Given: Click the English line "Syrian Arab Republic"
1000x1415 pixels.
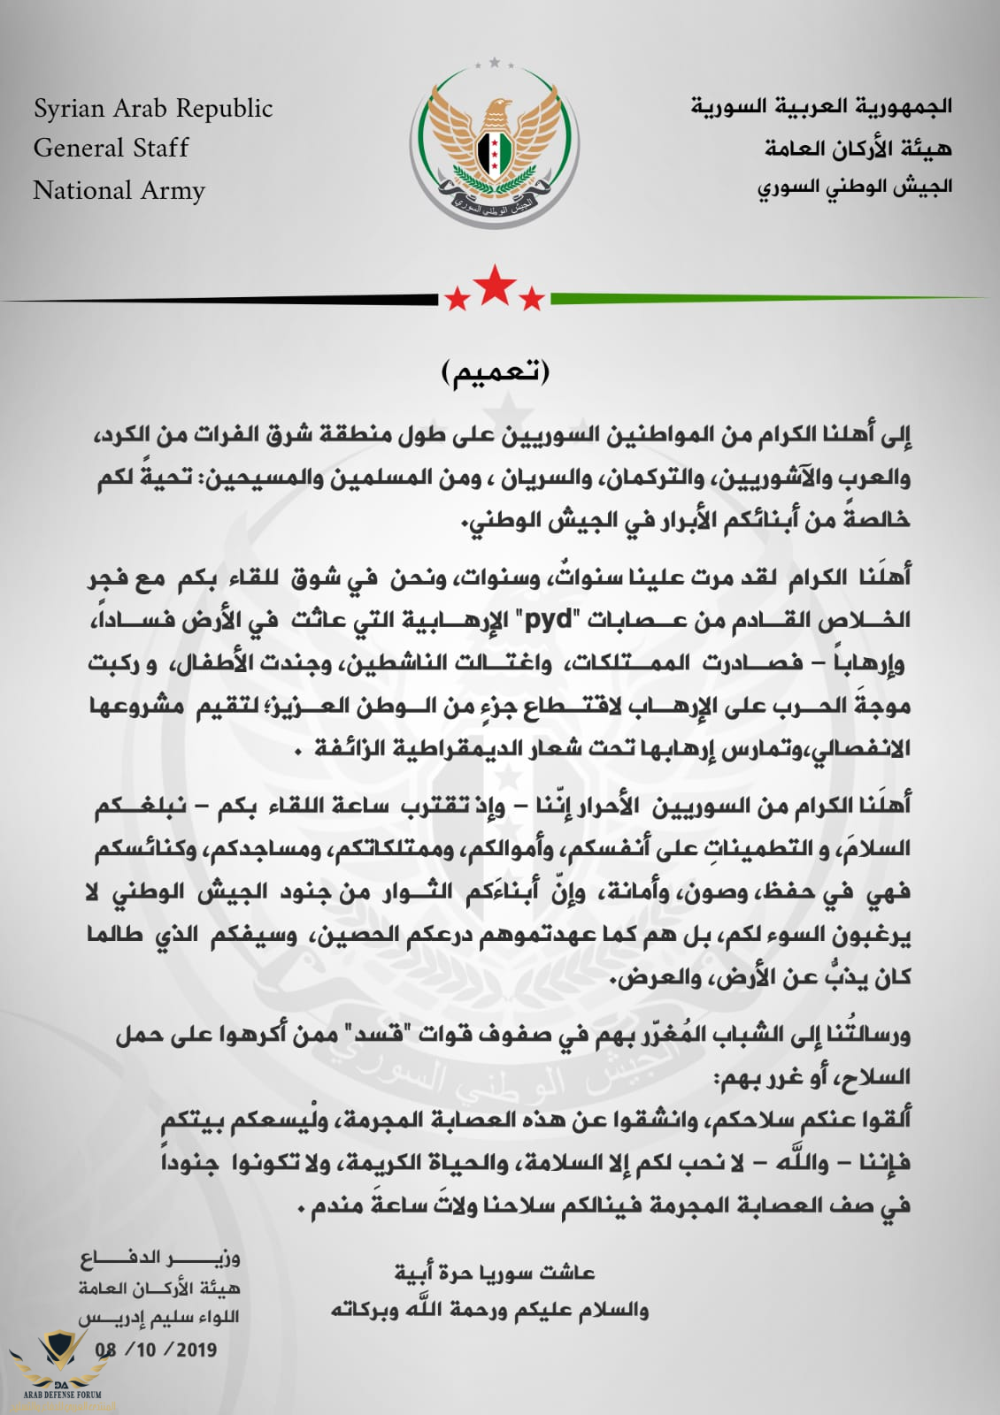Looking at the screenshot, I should (x=153, y=109).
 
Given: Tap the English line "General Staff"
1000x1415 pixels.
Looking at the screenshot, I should (x=111, y=148).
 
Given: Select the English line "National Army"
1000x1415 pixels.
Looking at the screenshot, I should (x=119, y=190).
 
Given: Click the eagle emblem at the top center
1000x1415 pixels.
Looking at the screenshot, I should (x=495, y=146).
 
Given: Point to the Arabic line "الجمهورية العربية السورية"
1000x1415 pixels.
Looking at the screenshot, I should (x=821, y=107).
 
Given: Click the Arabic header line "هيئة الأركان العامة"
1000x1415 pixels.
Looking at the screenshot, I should (x=858, y=148).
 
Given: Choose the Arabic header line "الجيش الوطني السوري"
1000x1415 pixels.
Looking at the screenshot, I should (x=854, y=187).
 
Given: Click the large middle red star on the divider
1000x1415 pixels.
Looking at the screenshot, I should (x=494, y=285).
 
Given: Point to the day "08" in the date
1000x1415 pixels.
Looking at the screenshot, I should (x=106, y=1350).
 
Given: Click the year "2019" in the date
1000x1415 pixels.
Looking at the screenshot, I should (x=196, y=1350).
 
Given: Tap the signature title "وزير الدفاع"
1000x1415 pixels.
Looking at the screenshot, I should (x=159, y=1258).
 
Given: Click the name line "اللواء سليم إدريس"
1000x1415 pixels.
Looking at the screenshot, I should (x=159, y=1317).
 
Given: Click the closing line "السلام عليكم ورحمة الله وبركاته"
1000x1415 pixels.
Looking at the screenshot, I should (x=489, y=1310).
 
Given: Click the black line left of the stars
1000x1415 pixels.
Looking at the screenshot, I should (x=221, y=300).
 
